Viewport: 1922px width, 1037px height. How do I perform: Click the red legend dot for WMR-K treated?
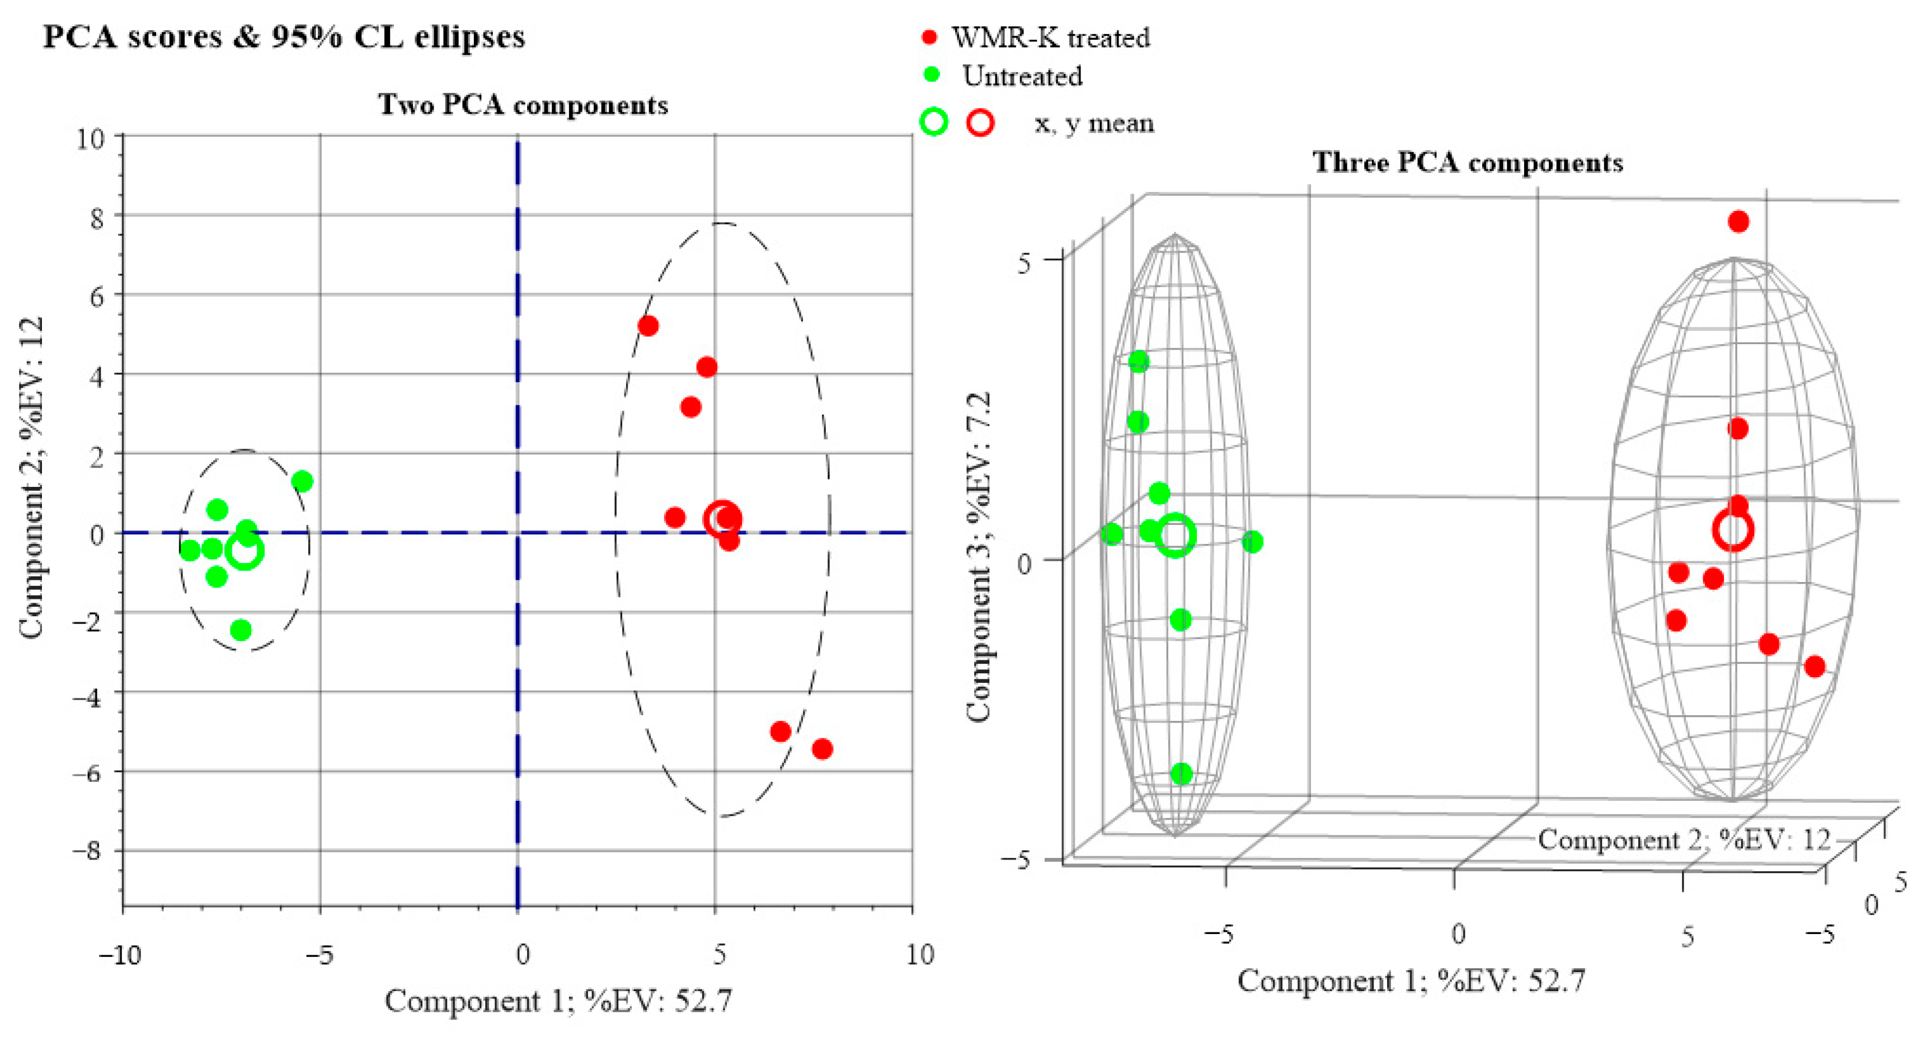coord(929,37)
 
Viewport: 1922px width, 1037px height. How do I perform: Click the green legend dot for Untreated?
coord(931,74)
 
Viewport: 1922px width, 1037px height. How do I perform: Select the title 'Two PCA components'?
coord(523,105)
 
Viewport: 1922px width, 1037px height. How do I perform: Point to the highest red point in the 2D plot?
coord(647,326)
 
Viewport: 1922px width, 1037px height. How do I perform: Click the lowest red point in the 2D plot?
coord(822,749)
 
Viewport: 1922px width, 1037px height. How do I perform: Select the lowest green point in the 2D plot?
coord(240,630)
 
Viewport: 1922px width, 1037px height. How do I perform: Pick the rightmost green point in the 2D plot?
coord(302,481)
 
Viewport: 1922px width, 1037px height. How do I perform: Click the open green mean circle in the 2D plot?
coord(245,551)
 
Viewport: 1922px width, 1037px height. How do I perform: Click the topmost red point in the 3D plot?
coord(1738,222)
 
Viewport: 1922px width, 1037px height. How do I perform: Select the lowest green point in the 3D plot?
coord(1181,773)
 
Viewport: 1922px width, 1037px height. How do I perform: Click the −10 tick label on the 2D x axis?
coord(119,954)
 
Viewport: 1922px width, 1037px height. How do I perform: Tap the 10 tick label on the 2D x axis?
coord(919,954)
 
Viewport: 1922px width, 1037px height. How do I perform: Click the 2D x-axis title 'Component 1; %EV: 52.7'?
coord(558,1001)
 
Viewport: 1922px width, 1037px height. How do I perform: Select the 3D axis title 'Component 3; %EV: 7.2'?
coord(978,556)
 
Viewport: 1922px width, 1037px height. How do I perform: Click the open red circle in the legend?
coord(980,123)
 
